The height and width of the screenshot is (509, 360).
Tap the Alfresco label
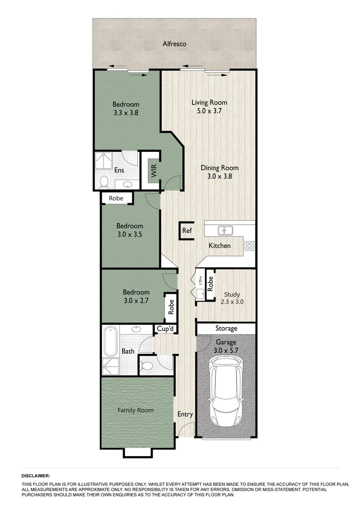click(174, 44)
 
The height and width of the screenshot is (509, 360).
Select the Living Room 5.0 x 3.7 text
click(209, 107)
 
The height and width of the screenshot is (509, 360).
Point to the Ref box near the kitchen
click(187, 231)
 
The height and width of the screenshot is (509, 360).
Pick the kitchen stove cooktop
click(249, 245)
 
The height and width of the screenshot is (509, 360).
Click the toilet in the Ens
click(104, 181)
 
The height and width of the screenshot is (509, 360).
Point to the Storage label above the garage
click(226, 328)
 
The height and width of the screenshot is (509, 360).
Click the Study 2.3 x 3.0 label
click(232, 299)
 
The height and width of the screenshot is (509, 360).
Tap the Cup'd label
click(165, 329)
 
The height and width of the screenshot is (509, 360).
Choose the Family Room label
click(136, 410)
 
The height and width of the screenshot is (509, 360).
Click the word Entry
click(185, 415)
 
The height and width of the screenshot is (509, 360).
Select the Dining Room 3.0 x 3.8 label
click(220, 172)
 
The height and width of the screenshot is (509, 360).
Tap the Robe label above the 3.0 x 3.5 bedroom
click(116, 198)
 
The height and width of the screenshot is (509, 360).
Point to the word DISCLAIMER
click(36, 476)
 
